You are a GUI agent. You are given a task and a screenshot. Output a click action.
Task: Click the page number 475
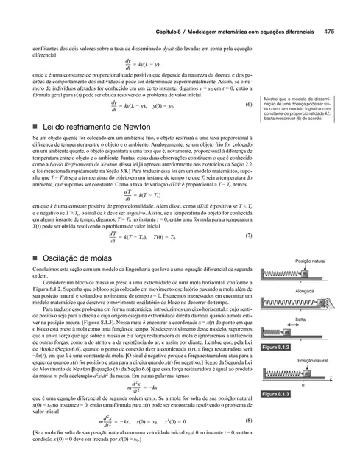pyautogui.click(x=331, y=32)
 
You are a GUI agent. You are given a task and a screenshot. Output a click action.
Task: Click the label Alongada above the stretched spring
pyautogui.click(x=304, y=292)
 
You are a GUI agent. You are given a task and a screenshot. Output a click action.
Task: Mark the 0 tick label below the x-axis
pyautogui.click(x=303, y=385)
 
